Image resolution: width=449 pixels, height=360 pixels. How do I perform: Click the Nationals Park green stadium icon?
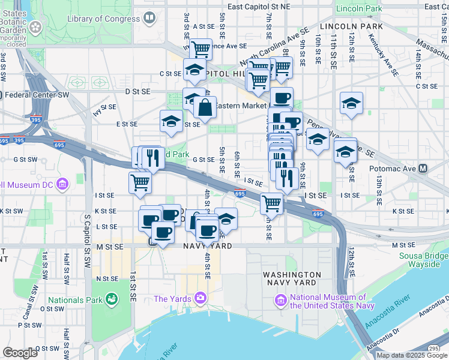click(111, 298)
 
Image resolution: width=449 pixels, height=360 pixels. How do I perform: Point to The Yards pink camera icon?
click(200, 298)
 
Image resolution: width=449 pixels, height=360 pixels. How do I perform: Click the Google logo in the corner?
click(20, 352)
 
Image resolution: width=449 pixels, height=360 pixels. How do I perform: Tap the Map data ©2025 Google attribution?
click(412, 355)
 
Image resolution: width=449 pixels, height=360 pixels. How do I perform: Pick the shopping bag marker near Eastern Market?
click(205, 109)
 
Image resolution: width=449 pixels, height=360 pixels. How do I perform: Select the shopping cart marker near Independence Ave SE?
click(200, 48)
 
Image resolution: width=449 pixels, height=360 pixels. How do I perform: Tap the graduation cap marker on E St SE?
click(171, 122)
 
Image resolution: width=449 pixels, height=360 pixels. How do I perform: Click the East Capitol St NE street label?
click(259, 6)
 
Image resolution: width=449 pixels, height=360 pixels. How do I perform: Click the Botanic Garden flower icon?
click(35, 26)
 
